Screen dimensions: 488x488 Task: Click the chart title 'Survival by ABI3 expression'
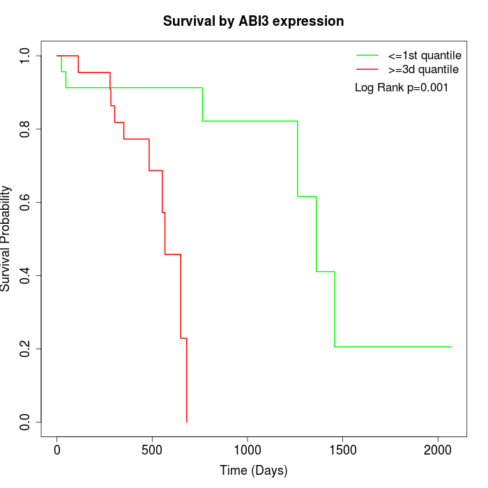tap(253, 21)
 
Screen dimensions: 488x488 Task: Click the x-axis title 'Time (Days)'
tap(253, 471)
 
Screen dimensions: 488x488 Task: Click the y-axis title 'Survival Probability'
tap(7, 238)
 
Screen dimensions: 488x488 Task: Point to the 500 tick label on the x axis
tap(152, 449)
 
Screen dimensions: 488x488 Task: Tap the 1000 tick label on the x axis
tap(247, 449)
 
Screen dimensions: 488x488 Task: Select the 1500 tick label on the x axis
tap(342, 449)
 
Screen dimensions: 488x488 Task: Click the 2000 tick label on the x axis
tap(438, 449)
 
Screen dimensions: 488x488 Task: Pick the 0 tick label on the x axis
tap(57, 449)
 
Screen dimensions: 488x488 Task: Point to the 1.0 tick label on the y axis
tap(26, 56)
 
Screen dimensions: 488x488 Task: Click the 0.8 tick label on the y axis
tap(26, 129)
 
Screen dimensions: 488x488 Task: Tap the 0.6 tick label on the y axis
tap(26, 202)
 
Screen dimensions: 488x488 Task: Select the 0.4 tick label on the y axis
tap(26, 275)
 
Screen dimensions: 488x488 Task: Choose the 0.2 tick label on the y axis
tap(26, 349)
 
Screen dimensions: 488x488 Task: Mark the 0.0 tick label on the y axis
tap(26, 422)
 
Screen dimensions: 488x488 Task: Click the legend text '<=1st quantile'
tap(425, 55)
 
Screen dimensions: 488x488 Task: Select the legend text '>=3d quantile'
tap(423, 69)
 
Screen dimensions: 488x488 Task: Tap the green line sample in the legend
tap(367, 55)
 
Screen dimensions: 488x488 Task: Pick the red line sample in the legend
tap(367, 69)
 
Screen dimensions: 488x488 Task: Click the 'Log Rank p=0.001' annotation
tap(402, 88)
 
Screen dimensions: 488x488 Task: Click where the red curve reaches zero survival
tap(187, 422)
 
